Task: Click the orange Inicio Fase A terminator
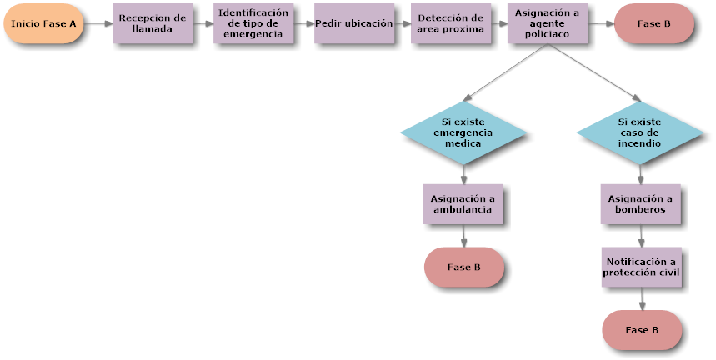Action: (x=43, y=23)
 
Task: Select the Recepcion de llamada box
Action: (x=153, y=23)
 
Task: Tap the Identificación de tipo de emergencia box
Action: (x=253, y=23)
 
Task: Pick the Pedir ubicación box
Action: (x=354, y=23)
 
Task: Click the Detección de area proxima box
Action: (x=450, y=23)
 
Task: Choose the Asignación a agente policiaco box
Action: (x=547, y=23)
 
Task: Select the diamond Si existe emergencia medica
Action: (x=463, y=132)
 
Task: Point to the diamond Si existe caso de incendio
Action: (x=639, y=132)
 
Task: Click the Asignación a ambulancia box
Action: (x=463, y=203)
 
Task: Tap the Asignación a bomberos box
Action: (x=640, y=203)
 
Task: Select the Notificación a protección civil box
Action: (x=641, y=267)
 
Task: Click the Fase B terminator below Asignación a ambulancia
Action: (x=464, y=267)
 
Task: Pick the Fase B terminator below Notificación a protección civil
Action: (x=642, y=330)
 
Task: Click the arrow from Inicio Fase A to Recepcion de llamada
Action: (x=98, y=23)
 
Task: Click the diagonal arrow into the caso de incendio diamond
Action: (x=593, y=74)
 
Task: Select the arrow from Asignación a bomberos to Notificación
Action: (x=641, y=235)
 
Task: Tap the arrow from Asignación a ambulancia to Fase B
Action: (x=463, y=236)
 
